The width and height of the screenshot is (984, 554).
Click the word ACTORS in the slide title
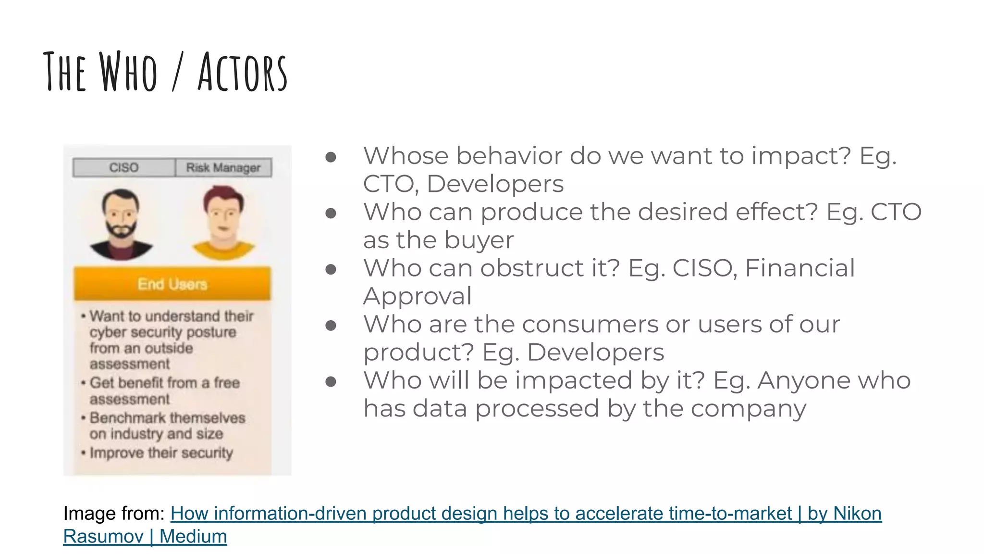pyautogui.click(x=243, y=72)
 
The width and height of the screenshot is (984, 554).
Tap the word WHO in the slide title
pyautogui.click(x=128, y=72)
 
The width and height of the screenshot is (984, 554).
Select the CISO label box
pyautogui.click(x=124, y=167)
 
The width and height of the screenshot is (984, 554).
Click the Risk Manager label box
pyautogui.click(x=223, y=167)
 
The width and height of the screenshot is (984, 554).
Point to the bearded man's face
pyautogui.click(x=121, y=216)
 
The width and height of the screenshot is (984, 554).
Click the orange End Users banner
pyautogui.click(x=172, y=284)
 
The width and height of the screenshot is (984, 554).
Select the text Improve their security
pyautogui.click(x=161, y=453)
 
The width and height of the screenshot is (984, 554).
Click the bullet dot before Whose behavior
pyautogui.click(x=331, y=157)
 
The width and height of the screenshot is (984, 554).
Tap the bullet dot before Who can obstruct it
pyautogui.click(x=331, y=269)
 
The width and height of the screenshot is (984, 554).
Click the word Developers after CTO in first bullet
pyautogui.click(x=495, y=184)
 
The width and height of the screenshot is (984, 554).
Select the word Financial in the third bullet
pyautogui.click(x=799, y=268)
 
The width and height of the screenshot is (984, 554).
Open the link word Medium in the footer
pyautogui.click(x=193, y=536)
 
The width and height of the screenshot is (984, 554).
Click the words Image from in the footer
pyautogui.click(x=114, y=514)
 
